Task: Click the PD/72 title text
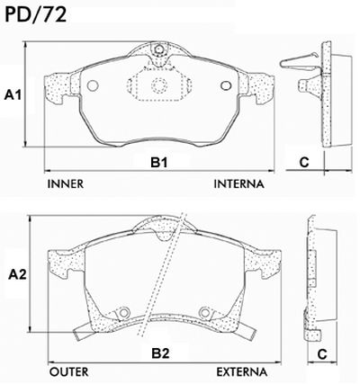[35, 14]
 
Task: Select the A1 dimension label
[13, 95]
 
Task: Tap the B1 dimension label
[158, 163]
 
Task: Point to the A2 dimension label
[17, 274]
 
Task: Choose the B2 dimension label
[160, 353]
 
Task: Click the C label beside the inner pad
[304, 162]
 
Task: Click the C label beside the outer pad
[322, 354]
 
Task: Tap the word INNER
[66, 183]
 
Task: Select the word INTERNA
[239, 183]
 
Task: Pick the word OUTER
[69, 372]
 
